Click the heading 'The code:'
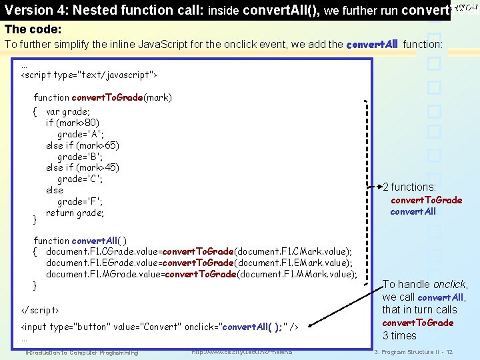[x=33, y=30]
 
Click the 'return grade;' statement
[x=75, y=213]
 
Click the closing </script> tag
[x=40, y=311]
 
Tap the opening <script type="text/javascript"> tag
[x=89, y=75]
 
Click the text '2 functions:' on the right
[x=409, y=187]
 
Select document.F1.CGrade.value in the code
[x=103, y=251]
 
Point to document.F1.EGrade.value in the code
[x=103, y=263]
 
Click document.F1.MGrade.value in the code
[x=104, y=274]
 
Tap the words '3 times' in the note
[x=399, y=335]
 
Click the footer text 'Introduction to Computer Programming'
[x=81, y=352]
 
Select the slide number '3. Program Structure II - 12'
[x=413, y=352]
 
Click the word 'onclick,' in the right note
[x=451, y=285]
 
